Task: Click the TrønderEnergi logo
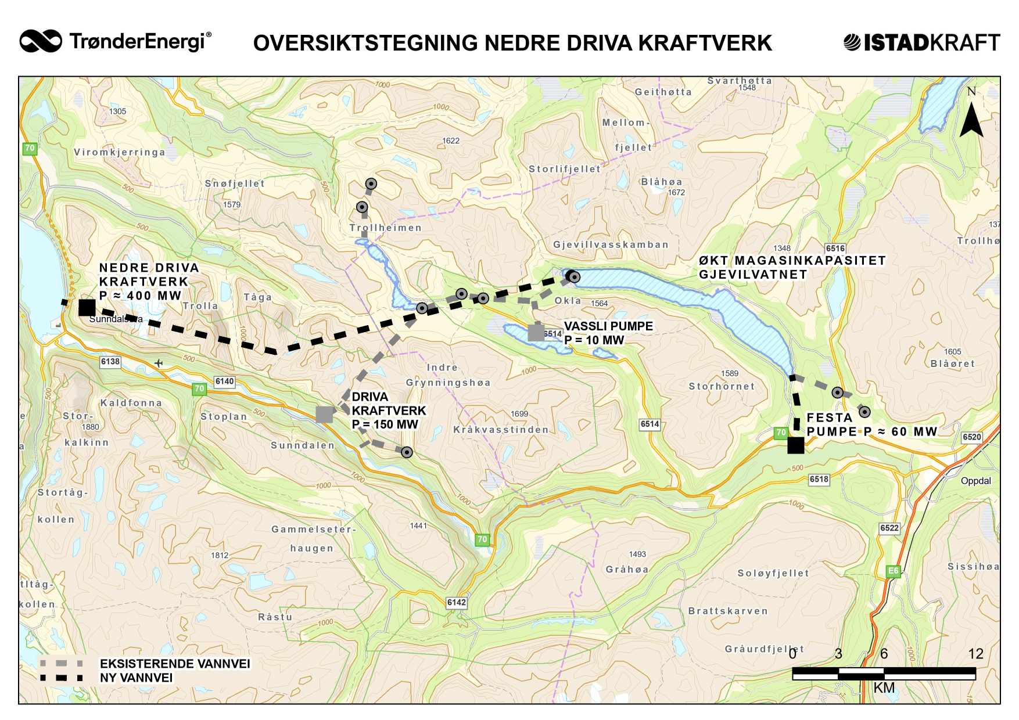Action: coord(115,41)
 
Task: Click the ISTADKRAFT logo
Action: coord(921,42)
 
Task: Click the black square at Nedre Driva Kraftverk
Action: coord(87,308)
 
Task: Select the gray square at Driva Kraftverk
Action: coord(324,414)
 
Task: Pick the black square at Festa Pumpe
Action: coord(795,445)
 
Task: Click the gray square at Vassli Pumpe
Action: coord(536,333)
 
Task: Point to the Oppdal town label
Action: coord(975,481)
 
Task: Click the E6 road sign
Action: coord(893,571)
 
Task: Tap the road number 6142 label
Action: coord(456,602)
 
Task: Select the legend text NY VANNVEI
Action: coord(136,678)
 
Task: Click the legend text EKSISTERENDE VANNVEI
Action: coord(175,664)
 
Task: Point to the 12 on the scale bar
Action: coord(975,654)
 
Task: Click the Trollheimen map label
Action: coord(385,228)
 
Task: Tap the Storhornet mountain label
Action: coord(722,386)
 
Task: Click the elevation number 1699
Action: coord(519,414)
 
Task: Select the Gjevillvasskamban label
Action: coord(611,244)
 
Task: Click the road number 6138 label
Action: coord(110,362)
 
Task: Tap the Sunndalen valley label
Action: coord(303,445)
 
